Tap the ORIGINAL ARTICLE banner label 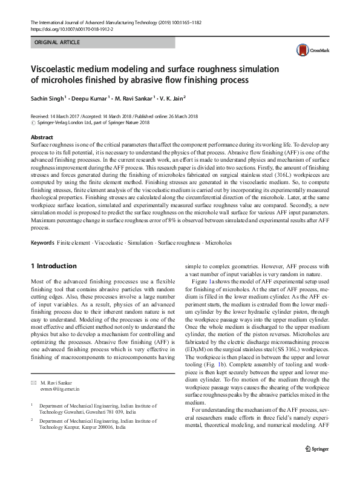click(x=57, y=43)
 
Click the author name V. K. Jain click(x=170, y=99)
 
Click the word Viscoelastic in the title click(x=58, y=68)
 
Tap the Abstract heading click(x=42, y=137)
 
